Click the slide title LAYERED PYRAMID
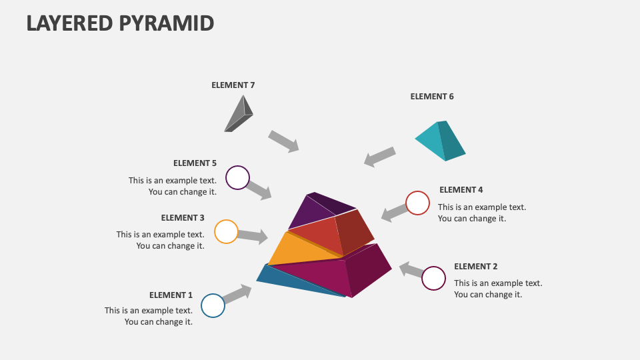pyautogui.click(x=120, y=23)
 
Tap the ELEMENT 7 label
pyautogui.click(x=233, y=85)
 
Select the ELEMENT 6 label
pyautogui.click(x=431, y=96)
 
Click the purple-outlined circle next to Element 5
pyautogui.click(x=237, y=178)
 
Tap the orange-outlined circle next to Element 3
pyautogui.click(x=226, y=231)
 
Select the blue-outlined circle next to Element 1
pyautogui.click(x=213, y=305)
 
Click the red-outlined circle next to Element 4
pyautogui.click(x=417, y=203)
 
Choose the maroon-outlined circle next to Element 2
pyautogui.click(x=433, y=278)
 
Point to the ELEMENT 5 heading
pyautogui.click(x=195, y=163)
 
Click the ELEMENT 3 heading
pyautogui.click(x=183, y=217)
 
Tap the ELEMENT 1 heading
pyautogui.click(x=171, y=295)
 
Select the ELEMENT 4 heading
pyautogui.click(x=461, y=189)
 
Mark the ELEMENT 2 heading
pyautogui.click(x=475, y=266)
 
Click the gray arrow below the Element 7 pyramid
pyautogui.click(x=283, y=141)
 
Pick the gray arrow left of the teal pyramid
pyautogui.click(x=380, y=157)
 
